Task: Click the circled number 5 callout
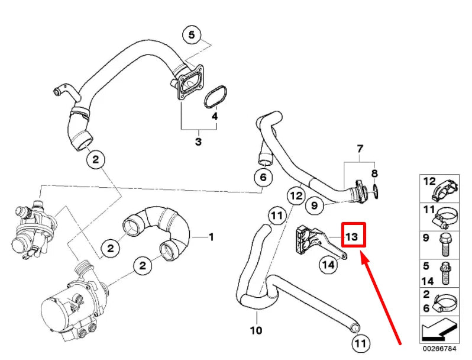tap(191, 36)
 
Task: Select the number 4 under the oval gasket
tap(215, 117)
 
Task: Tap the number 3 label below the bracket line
tap(198, 142)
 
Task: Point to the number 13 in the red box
tap(352, 236)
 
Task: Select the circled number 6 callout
tap(264, 177)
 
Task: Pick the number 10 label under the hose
tap(256, 330)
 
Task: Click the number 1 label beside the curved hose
tap(211, 237)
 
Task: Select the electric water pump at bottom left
tap(68, 302)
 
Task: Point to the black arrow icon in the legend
tap(438, 330)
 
